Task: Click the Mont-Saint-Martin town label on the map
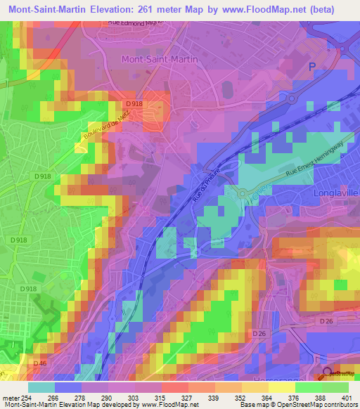tap(160, 60)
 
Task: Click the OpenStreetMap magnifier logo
tap(327, 374)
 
